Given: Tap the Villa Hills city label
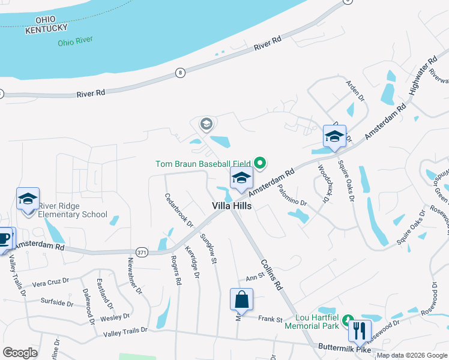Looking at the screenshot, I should coord(232,205).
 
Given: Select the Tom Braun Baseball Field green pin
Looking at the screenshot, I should coord(260,163).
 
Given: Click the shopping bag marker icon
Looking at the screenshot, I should coord(241,299).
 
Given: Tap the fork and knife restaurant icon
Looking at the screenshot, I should coord(360,330).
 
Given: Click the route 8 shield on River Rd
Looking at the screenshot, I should coord(180,73).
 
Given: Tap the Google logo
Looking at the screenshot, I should coord(20,353).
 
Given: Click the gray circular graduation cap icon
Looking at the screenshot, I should coord(206,124).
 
